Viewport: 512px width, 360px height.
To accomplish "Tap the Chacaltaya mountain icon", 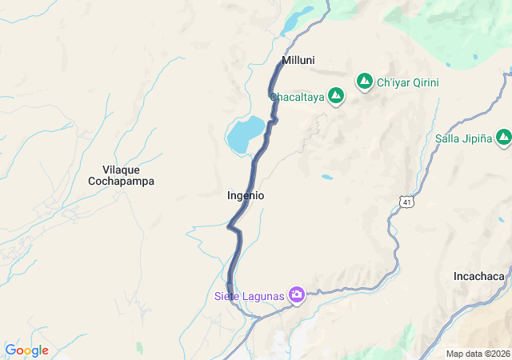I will pos(336,97).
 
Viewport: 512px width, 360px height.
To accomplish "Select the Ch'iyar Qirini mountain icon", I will pos(365,82).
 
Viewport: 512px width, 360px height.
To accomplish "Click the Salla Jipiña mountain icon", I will pos(503,138).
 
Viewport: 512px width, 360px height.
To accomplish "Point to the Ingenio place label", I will pos(246,195).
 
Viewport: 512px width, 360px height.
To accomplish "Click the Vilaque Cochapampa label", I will pos(121,175).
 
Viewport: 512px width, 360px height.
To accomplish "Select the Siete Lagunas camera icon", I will pos(297,295).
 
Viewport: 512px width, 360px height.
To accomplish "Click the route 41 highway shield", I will pos(407,202).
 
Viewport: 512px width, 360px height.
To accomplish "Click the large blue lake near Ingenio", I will pos(245,134).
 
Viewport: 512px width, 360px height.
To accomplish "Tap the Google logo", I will pos(26,350).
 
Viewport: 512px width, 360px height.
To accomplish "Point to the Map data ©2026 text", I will pos(477,354).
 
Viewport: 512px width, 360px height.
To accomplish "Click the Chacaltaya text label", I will pos(297,97).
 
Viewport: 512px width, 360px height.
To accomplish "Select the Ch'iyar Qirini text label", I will pos(408,82).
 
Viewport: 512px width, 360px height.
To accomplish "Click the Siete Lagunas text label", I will pos(250,296).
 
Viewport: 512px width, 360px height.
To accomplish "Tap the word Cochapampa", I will pos(121,182).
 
